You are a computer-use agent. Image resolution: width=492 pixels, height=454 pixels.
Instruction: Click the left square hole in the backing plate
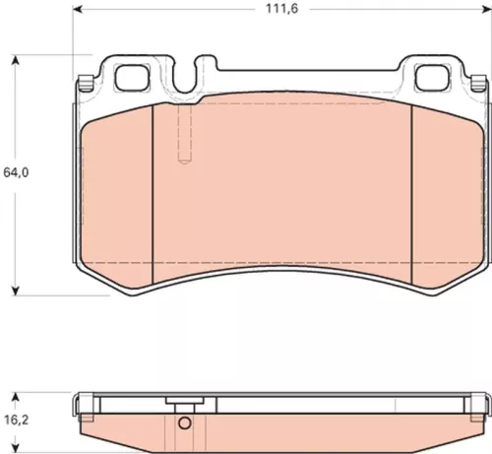point(130,75)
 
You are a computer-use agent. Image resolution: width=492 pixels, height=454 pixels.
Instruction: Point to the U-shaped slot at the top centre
point(205,74)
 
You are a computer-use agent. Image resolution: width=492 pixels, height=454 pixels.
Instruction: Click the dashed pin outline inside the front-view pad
point(183,133)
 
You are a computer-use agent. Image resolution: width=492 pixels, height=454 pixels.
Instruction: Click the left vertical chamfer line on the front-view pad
point(154,187)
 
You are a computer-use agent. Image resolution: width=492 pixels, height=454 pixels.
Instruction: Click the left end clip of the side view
point(83,403)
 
